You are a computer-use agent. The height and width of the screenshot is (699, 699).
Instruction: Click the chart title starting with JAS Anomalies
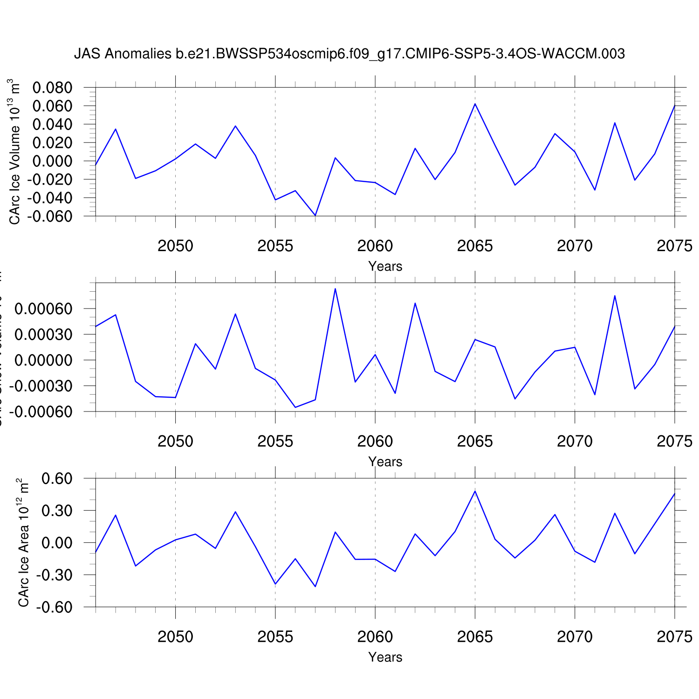[349, 54]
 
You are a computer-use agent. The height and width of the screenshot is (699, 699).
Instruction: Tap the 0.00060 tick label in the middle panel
[44, 309]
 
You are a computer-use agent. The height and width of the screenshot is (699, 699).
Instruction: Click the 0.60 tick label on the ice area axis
[57, 479]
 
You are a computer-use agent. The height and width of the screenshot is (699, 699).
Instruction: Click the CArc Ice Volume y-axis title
[14, 151]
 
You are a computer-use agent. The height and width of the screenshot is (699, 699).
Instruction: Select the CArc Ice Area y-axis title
[23, 542]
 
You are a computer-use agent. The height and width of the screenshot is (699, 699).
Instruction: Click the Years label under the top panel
[385, 266]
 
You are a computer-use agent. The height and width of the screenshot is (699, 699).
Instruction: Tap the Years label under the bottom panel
[385, 657]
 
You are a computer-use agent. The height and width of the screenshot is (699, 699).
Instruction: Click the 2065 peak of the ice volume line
[475, 104]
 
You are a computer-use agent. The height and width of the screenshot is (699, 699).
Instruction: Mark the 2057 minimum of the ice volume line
[315, 215]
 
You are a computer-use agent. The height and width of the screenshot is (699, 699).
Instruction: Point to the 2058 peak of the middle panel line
[335, 289]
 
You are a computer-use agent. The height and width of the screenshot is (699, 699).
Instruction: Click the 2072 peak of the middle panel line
[615, 295]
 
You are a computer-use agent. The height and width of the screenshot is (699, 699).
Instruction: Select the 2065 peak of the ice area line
[475, 491]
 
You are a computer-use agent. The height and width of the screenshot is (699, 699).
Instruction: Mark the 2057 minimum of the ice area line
[315, 586]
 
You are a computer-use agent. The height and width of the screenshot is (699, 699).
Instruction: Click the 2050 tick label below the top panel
[175, 246]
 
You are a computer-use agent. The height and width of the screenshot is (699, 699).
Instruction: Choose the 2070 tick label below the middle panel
[575, 441]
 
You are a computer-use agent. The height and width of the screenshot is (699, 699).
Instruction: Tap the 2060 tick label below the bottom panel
[375, 637]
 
